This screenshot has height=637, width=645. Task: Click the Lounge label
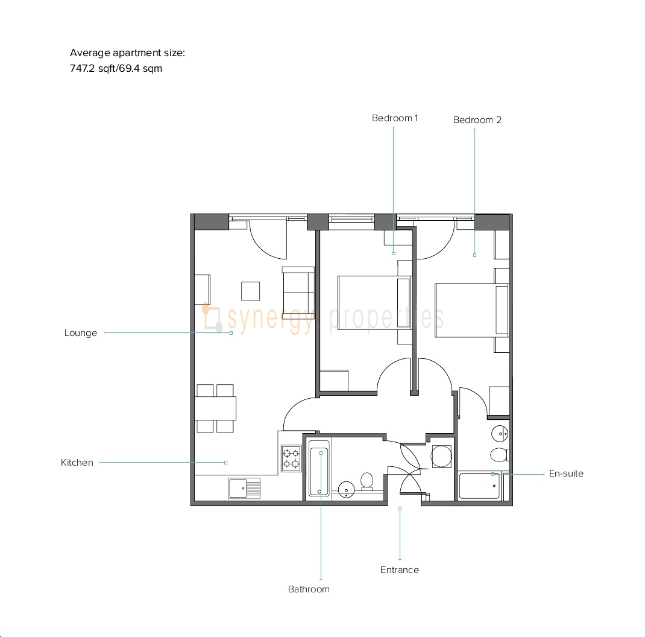pos(81,333)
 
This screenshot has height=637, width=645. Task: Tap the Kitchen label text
pos(77,463)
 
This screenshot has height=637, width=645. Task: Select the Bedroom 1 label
pos(395,118)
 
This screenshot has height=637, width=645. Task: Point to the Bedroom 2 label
pos(477,120)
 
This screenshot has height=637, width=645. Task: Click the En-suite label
pos(566,474)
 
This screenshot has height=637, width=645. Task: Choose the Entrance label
pos(400,570)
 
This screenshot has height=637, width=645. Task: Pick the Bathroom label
pos(309,589)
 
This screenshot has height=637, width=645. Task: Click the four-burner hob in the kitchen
pos(291,458)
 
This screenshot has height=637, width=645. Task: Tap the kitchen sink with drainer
pos(244,489)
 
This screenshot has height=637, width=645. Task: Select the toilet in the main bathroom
pos(367,481)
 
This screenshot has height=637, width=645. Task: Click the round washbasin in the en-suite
pos(500,433)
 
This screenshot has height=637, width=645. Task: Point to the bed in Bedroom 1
pos(374,303)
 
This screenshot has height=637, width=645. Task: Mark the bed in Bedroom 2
pos(472,311)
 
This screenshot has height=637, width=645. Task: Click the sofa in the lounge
pos(298,293)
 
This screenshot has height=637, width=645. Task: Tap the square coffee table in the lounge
pos(251,291)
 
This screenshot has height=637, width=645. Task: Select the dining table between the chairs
pos(215,408)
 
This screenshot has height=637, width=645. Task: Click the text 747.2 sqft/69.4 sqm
pos(116,68)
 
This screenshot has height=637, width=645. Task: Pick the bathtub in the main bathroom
pos(319,468)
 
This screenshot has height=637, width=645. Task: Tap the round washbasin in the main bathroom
pos(347,489)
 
